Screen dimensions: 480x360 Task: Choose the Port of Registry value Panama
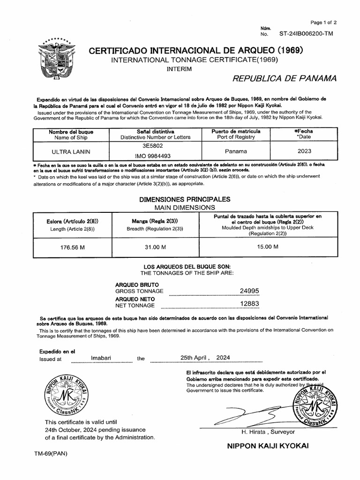point(236,152)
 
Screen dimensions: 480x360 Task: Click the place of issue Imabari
point(101,358)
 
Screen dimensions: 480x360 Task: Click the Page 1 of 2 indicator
point(323,22)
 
